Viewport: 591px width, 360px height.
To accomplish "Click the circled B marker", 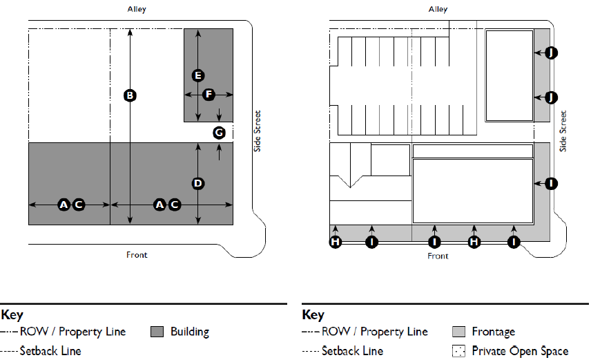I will (128, 95).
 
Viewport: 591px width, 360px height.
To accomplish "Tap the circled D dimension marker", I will (198, 183).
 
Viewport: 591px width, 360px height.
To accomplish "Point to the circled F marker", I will (209, 94).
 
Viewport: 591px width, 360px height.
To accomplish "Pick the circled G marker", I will (219, 132).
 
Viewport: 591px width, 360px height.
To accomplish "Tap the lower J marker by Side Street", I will (550, 97).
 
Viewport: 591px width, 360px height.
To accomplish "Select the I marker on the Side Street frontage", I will (550, 183).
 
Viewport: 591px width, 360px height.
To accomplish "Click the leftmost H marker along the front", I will (336, 242).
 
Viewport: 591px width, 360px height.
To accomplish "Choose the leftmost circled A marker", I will (64, 205).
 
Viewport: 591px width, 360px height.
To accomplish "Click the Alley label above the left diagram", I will (137, 10).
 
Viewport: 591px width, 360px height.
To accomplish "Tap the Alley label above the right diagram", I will (438, 10).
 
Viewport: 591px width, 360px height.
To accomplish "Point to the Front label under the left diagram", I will (137, 255).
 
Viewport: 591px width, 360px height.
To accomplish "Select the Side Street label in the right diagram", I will (563, 131).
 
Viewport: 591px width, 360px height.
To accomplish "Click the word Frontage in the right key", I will (493, 332).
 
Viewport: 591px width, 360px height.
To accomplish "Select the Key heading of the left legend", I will (12, 315).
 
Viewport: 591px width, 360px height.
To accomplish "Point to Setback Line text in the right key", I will (352, 351).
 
